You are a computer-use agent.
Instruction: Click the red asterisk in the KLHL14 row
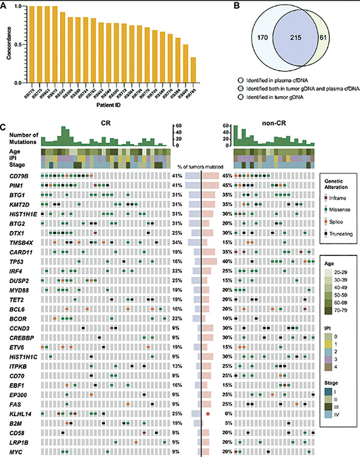[208, 414]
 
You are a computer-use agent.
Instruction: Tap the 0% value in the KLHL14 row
[227, 414]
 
